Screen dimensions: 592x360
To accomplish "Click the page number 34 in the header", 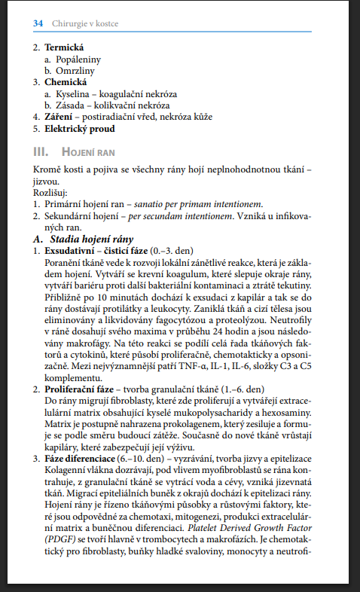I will coord(38,23).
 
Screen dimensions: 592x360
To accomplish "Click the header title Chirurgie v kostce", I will coord(85,23).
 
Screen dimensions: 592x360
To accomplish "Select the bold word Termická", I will coord(64,47).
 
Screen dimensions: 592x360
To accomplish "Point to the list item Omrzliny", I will coord(78,70).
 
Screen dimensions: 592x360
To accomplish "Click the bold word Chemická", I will coord(66,81).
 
